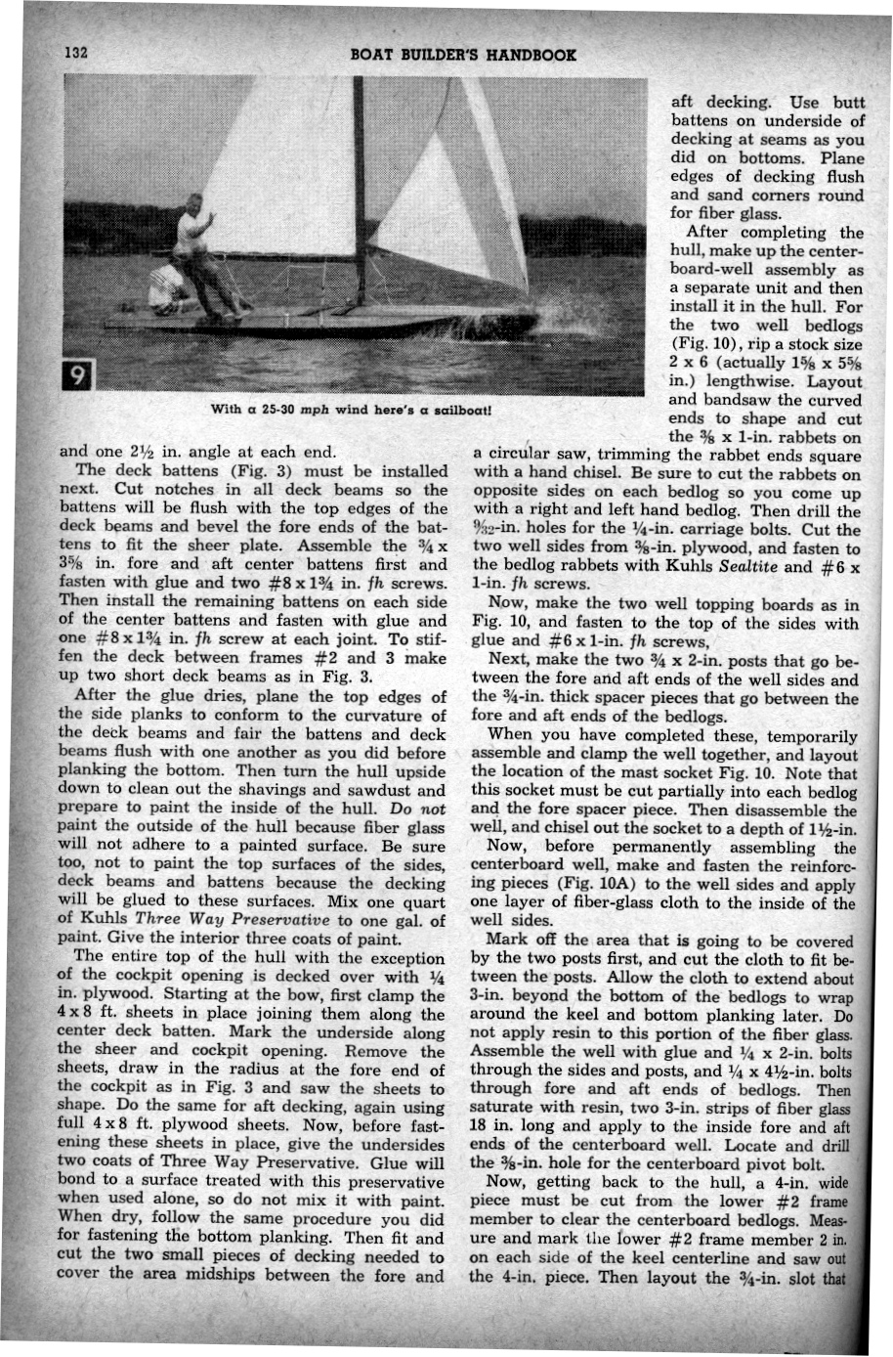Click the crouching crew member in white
pyautogui.click(x=167, y=288)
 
